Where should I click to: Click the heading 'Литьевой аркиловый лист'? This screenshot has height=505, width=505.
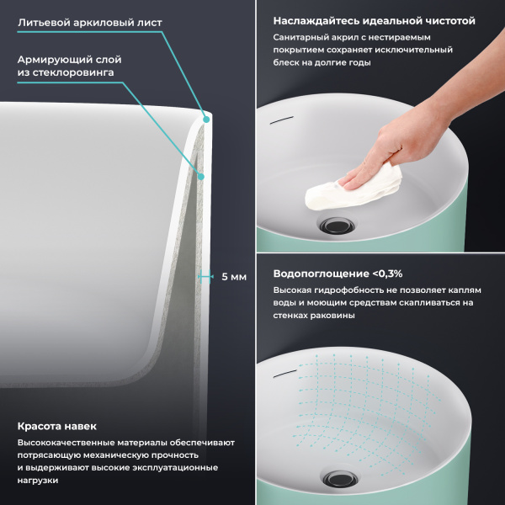point(90,23)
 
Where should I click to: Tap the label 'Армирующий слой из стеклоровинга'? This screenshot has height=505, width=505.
point(69,66)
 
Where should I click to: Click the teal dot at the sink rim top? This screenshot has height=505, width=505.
point(206,120)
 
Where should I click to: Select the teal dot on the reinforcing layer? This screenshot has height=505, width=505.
point(201,177)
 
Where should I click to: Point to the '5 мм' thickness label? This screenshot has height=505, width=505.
point(234,277)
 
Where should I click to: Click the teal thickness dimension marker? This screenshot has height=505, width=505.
point(205,276)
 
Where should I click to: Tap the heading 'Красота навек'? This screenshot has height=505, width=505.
point(57,427)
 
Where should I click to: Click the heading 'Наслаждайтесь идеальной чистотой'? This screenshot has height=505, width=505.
point(375,21)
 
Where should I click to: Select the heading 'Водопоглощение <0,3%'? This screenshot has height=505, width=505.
point(338,274)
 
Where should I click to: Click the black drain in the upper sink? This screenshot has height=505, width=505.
point(338,225)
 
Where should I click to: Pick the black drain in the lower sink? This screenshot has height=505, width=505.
point(339,479)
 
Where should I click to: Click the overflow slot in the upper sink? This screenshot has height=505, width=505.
point(281,120)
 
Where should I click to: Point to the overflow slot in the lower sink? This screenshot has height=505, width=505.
point(284,373)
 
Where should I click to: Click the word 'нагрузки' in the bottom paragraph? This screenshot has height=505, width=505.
point(38,481)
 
